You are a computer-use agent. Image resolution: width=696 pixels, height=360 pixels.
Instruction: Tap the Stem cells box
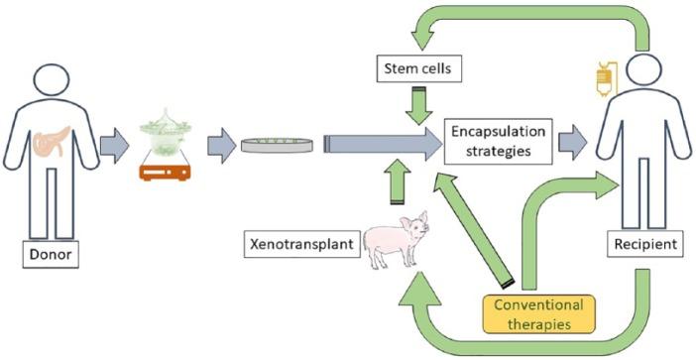coord(418,69)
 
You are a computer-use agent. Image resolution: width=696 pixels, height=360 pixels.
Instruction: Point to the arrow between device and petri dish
coord(219,147)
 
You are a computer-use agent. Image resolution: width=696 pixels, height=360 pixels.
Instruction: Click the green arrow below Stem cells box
coord(418,103)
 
